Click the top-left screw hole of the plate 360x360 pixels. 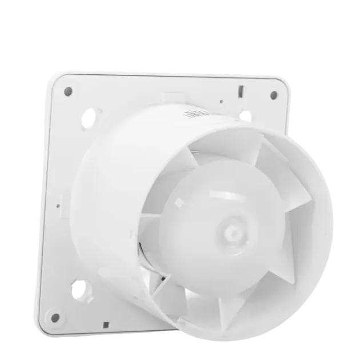(68, 90)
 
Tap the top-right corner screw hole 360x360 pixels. (273, 95)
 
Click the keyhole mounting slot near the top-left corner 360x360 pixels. (89, 119)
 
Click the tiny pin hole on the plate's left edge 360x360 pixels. (58, 206)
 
